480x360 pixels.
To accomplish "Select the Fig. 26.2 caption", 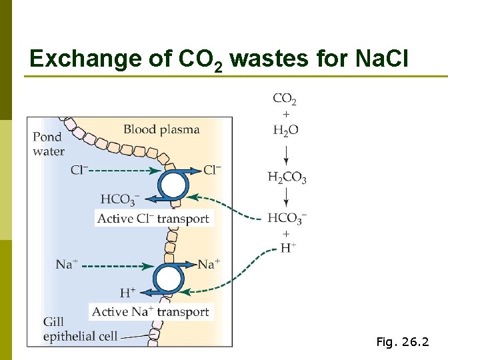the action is (x=403, y=343).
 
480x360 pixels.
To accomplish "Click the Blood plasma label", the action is (x=161, y=129).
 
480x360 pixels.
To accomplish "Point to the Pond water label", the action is (x=48, y=144).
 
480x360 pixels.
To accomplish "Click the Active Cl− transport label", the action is (x=153, y=219).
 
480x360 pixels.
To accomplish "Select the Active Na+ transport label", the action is (x=151, y=312).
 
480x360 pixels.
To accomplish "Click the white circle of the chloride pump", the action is (x=173, y=185).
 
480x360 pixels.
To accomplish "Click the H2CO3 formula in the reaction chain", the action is (x=287, y=177).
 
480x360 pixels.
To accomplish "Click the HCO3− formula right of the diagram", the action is (x=287, y=218).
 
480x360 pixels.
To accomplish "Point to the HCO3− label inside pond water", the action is (x=121, y=199).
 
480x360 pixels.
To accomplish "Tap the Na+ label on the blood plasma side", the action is (x=209, y=265).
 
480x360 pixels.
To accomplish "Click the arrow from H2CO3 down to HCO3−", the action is (x=286, y=197).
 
